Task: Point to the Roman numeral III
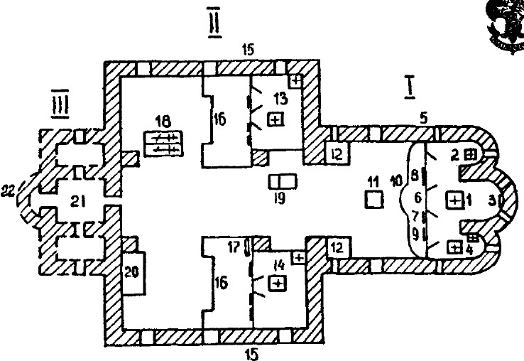click(x=61, y=104)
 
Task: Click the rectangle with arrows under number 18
click(x=163, y=144)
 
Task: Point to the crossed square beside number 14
click(x=278, y=284)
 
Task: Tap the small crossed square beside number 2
click(x=471, y=153)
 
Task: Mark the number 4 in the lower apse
click(x=469, y=249)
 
